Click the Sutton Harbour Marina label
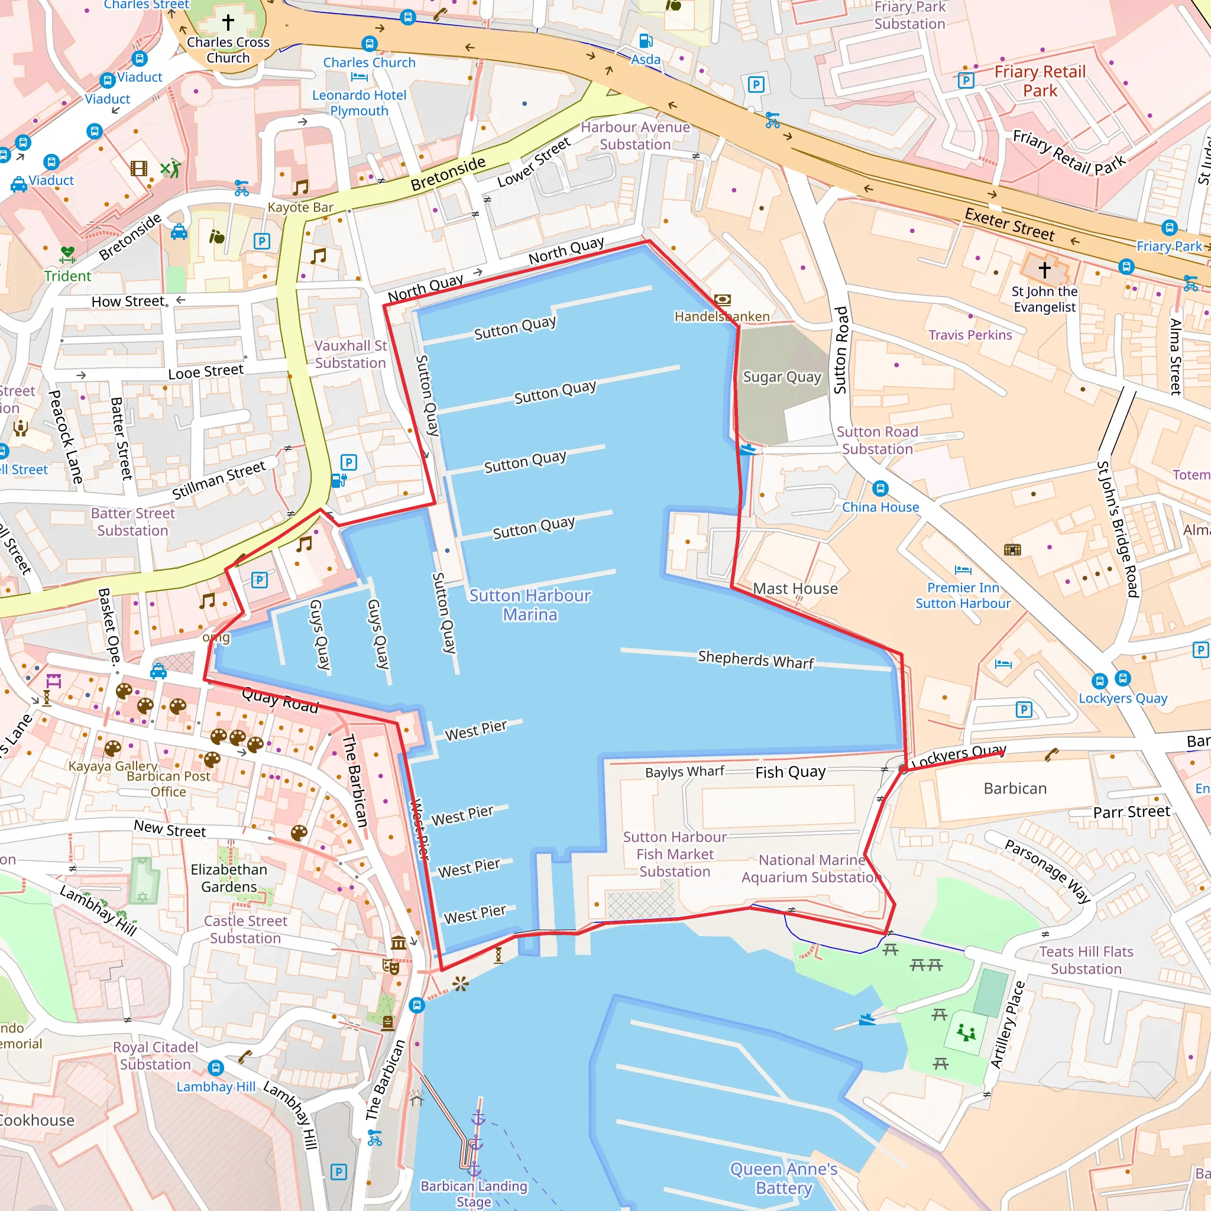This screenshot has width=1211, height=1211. coord(530,605)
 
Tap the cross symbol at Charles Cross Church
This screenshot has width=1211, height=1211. coord(228,22)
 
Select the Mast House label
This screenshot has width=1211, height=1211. coord(795,588)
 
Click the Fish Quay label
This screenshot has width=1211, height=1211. coord(790,772)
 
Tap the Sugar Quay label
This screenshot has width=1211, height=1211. coord(782,377)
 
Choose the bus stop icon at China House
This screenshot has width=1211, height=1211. coord(880,488)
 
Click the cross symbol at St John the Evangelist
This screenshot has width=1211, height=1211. coord(1044,270)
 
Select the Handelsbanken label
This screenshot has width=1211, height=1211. coord(721,316)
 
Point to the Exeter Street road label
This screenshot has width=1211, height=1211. coord(1009,224)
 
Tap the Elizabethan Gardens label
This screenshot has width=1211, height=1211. coord(229,878)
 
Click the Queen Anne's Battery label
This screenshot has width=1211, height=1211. coord(783,1178)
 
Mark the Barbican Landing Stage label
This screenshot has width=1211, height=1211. coord(474,1193)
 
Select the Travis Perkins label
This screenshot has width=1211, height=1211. coord(970,335)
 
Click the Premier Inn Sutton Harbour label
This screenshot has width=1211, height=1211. coord(963,595)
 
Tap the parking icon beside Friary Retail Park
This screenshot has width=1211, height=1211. coord(966,80)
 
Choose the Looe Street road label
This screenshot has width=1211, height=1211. coord(206,372)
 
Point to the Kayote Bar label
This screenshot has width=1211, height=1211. coord(300,208)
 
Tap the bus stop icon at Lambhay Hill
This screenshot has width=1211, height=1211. coord(216,1067)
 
